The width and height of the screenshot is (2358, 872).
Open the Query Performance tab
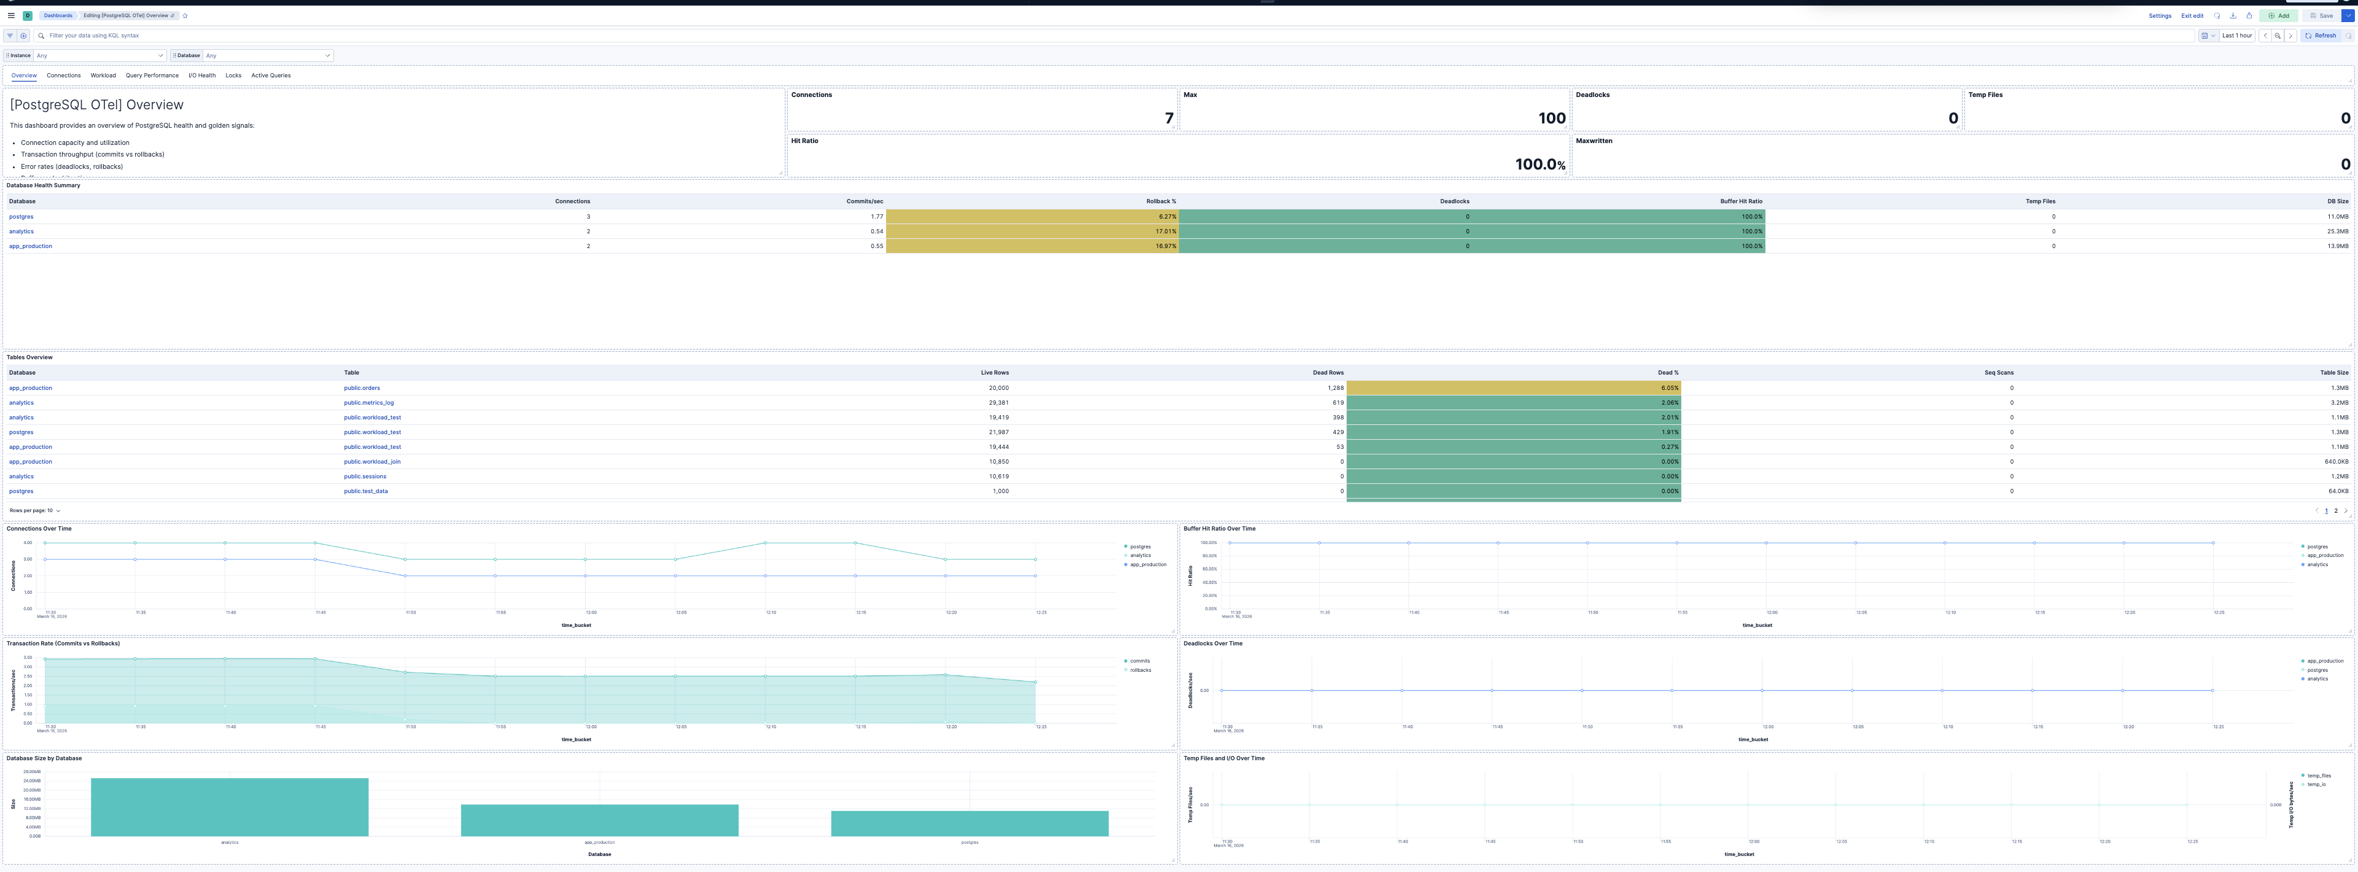(x=152, y=76)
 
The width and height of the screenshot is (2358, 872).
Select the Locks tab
(x=233, y=76)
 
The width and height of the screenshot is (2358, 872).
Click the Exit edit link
(x=2192, y=15)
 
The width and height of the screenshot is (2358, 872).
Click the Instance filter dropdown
(x=99, y=56)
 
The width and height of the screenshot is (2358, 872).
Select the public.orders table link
(x=362, y=388)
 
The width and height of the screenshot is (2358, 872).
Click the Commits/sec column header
(x=864, y=201)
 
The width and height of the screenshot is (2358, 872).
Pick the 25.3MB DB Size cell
(x=2337, y=232)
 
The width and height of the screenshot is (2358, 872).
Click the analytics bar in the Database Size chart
(x=229, y=807)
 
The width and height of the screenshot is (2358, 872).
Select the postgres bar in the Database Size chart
(x=970, y=823)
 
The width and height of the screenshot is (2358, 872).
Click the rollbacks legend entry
(x=1140, y=670)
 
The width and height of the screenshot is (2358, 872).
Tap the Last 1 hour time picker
(x=2236, y=36)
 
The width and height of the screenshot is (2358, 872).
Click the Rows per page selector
(x=35, y=510)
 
